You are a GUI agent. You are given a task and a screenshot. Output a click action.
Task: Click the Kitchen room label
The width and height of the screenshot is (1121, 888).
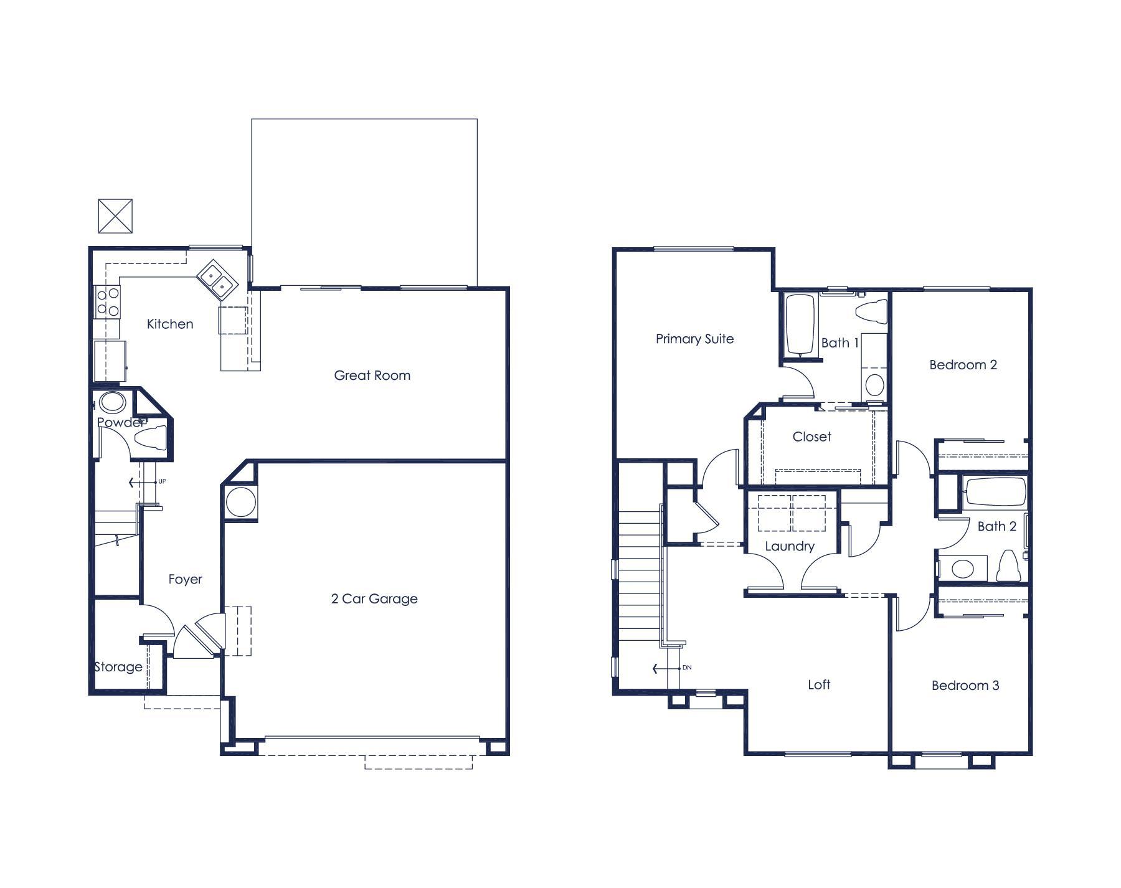tap(170, 324)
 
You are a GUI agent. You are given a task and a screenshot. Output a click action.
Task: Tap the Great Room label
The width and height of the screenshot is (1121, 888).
tap(372, 376)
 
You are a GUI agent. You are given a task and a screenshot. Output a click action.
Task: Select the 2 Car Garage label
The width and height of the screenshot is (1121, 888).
tap(374, 599)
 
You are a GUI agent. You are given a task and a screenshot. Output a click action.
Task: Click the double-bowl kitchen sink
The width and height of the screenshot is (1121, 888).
tap(217, 280)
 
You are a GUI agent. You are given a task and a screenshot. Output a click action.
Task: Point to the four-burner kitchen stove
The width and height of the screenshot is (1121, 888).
tap(108, 301)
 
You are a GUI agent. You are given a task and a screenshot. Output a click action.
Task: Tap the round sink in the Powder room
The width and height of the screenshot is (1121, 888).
tap(113, 402)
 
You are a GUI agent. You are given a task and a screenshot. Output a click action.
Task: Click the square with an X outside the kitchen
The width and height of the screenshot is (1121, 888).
tap(115, 216)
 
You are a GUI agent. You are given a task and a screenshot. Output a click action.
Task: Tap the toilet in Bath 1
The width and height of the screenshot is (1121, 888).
tap(872, 311)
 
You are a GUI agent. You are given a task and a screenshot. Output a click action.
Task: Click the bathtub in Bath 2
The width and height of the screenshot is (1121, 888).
tap(994, 492)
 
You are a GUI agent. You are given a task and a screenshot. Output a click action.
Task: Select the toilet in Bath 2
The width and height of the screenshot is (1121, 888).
tap(1006, 565)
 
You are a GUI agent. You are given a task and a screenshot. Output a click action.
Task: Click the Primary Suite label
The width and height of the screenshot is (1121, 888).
tap(694, 339)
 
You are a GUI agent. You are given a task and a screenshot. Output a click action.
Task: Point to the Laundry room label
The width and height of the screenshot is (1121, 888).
tap(789, 547)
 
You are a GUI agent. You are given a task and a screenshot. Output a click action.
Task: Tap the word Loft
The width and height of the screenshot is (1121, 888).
tap(818, 685)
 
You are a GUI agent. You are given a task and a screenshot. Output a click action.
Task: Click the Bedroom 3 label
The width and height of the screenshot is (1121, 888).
tap(965, 686)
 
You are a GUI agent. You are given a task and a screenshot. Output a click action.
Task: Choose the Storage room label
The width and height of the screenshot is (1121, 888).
tap(118, 667)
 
